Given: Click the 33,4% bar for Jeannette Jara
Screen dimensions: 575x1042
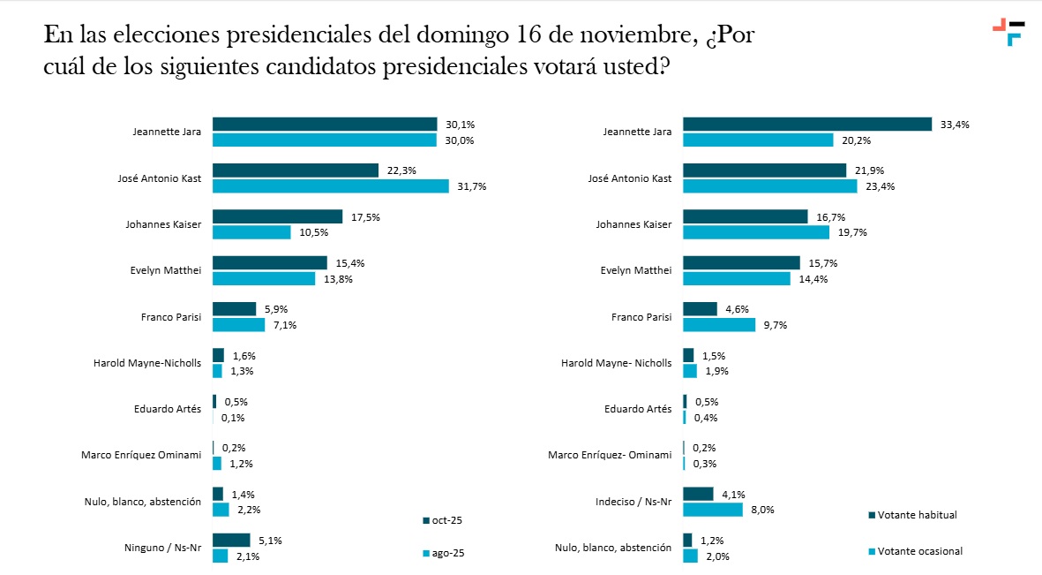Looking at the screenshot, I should point(807,125).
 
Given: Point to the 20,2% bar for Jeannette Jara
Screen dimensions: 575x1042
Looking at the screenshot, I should point(758,140).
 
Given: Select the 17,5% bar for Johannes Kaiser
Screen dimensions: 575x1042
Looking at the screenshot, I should point(277,216).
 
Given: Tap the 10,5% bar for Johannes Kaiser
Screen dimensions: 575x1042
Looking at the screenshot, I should point(251,232).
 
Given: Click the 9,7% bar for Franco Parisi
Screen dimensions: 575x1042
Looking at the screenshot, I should point(719,324).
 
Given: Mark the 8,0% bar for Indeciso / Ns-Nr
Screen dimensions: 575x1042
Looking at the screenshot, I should point(713,510).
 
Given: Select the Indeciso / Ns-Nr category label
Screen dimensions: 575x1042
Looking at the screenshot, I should point(633,502).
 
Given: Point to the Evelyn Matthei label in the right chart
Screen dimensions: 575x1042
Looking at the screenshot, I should point(635,270).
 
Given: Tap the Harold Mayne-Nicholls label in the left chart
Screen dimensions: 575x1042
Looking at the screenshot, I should point(147,362).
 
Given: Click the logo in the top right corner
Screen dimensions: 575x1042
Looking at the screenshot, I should point(1008,31).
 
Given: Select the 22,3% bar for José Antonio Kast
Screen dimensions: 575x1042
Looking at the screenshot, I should point(296,170).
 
